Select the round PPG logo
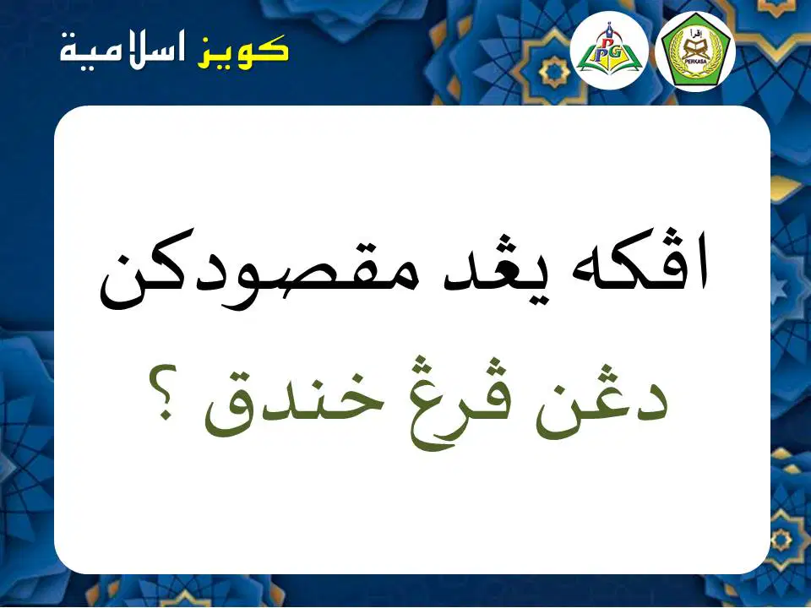pyautogui.click(x=609, y=50)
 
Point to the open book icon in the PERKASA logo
pyautogui.click(x=695, y=49)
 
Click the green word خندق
pyautogui.click(x=295, y=409)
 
